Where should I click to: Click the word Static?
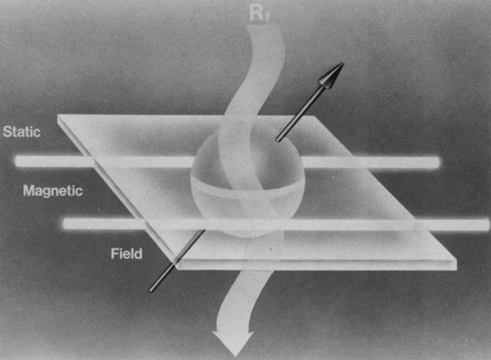pos(21,132)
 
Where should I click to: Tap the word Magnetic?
pos(53,191)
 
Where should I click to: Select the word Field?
pos(126,254)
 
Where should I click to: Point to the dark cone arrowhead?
pos(331,75)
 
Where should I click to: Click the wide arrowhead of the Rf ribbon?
pos(233,342)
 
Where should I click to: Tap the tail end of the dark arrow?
pos(151,291)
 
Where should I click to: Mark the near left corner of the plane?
pos(177,267)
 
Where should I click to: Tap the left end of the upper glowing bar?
pos(16,161)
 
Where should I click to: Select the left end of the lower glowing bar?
pos(64,224)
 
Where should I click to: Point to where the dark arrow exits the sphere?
pos(278,140)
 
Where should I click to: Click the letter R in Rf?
pos(255,14)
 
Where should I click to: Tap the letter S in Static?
pos(7,132)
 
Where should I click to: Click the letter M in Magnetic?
pos(29,191)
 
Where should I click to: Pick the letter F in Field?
pos(115,254)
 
